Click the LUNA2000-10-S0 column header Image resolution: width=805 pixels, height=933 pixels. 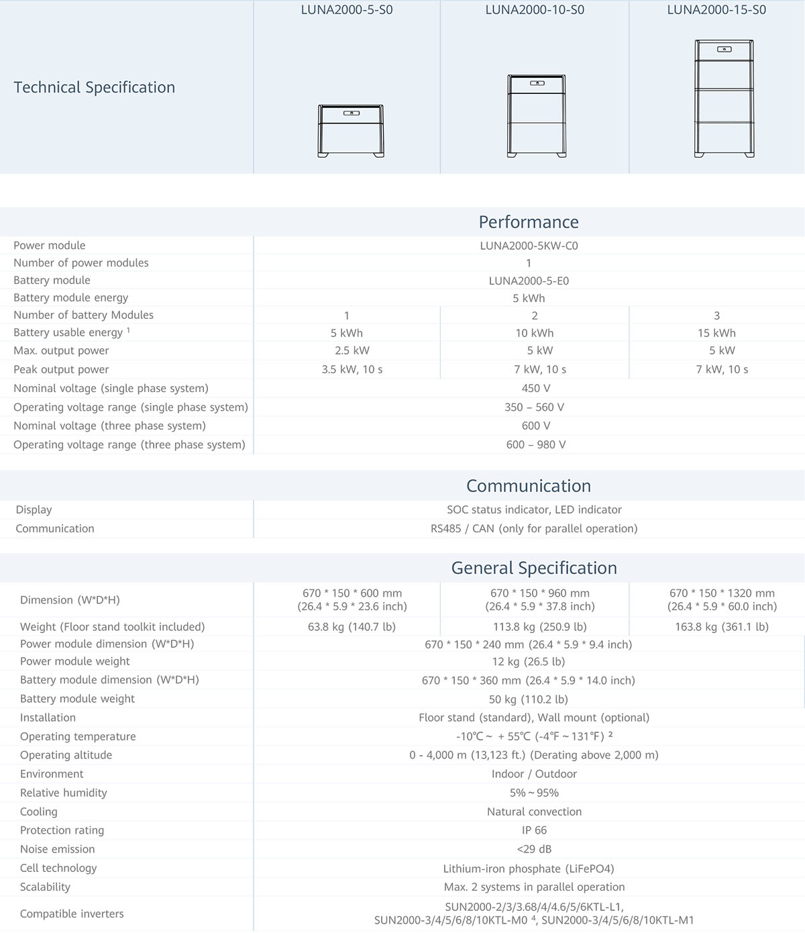(535, 10)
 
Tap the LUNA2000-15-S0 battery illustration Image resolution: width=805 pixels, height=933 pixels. (724, 99)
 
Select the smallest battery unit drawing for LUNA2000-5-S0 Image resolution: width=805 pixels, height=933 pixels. (351, 131)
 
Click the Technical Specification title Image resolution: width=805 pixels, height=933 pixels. (95, 87)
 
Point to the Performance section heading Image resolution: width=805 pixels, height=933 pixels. (529, 222)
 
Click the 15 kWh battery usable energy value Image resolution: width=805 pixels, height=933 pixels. (716, 333)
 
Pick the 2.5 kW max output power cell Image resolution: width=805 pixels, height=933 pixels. (352, 350)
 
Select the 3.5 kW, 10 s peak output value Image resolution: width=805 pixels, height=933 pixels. (352, 369)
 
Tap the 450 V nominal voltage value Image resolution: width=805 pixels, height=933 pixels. (531, 388)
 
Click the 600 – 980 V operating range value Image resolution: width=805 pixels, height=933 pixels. (536, 444)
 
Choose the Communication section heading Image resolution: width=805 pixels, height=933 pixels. (529, 486)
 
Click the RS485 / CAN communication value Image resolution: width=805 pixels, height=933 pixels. (534, 528)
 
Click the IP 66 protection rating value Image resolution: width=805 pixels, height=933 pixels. (534, 830)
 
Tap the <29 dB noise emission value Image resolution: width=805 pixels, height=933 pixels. (534, 849)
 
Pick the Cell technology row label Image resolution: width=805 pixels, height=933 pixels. (58, 868)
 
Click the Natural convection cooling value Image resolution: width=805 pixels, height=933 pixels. (534, 812)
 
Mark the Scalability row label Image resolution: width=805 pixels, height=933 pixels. (45, 887)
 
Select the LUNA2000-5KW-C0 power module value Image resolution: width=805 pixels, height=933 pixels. (529, 246)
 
